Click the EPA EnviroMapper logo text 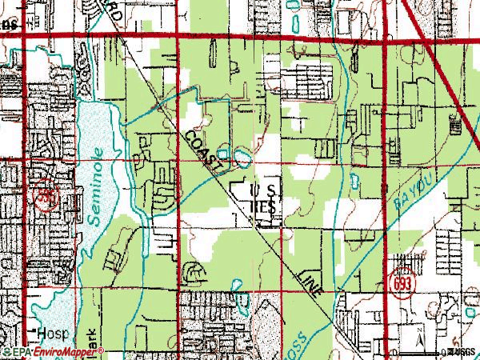(x=44, y=351)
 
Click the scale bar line (x=419, y=352)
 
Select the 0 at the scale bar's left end (x=394, y=352)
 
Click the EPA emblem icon (x=6, y=351)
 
